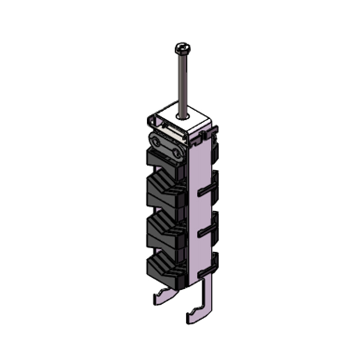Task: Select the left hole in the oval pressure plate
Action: click(x=157, y=143)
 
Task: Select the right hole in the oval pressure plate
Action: click(x=179, y=153)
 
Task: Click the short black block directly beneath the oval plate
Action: click(x=163, y=160)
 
